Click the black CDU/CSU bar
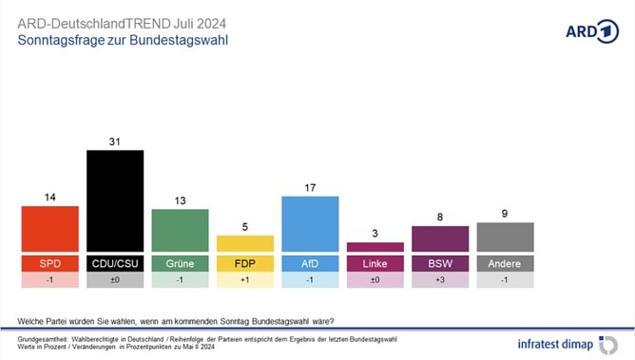pyautogui.click(x=115, y=201)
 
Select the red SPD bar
pyautogui.click(x=50, y=229)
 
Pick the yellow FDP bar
pyautogui.click(x=245, y=244)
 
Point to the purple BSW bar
pyautogui.click(x=440, y=239)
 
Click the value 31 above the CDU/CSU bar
pyautogui.click(x=115, y=141)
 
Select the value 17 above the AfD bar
pyautogui.click(x=310, y=186)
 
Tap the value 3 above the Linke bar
pyautogui.click(x=375, y=232)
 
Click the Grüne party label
pyautogui.click(x=181, y=262)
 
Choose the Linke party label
pyautogui.click(x=375, y=262)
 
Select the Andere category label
pyautogui.click(x=505, y=262)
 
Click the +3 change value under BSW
pyautogui.click(x=440, y=280)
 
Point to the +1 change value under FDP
pyautogui.click(x=245, y=280)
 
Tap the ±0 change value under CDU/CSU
pyautogui.click(x=115, y=280)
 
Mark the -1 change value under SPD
pyautogui.click(x=50, y=280)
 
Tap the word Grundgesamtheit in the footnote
pyautogui.click(x=44, y=338)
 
